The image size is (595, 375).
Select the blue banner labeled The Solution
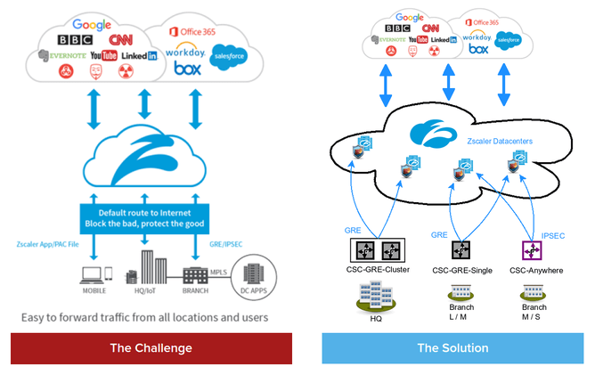click(452, 347)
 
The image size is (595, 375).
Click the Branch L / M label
click(461, 312)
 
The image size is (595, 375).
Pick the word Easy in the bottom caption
click(33, 316)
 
